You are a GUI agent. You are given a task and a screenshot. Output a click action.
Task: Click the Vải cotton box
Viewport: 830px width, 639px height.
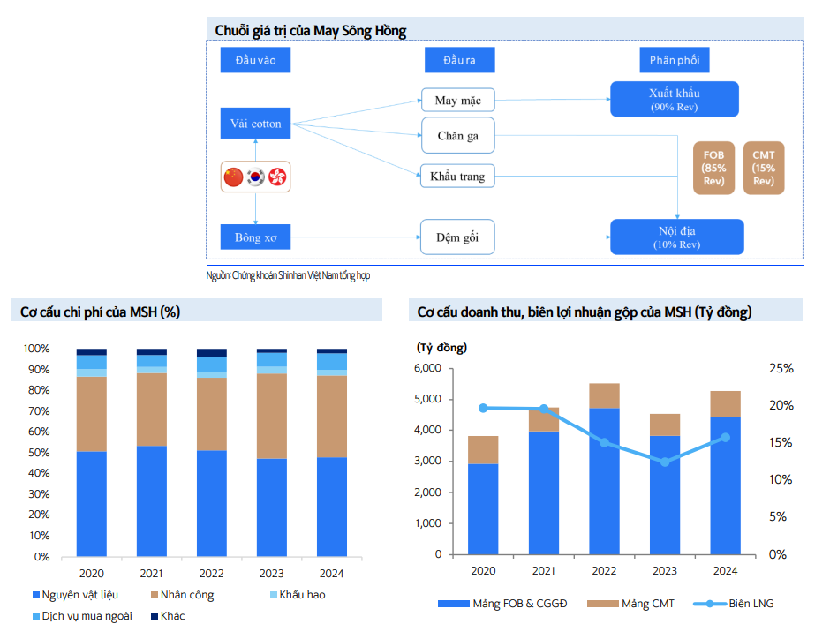(255, 124)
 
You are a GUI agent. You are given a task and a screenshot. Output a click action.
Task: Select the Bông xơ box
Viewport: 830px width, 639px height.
(255, 237)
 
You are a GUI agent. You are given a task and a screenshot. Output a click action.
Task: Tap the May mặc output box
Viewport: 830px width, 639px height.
(457, 100)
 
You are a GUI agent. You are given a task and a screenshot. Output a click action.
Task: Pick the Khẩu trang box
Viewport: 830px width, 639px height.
(457, 176)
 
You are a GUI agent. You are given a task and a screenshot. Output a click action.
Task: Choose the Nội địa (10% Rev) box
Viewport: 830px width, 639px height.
(676, 237)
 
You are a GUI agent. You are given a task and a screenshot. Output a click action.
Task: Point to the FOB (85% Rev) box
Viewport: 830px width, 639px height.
(713, 168)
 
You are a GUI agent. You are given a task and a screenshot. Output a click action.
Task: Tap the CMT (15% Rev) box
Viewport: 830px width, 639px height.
(763, 168)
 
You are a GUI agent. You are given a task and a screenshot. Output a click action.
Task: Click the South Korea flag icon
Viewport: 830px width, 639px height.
(255, 177)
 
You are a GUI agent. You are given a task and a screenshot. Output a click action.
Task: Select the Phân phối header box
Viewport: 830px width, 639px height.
(675, 60)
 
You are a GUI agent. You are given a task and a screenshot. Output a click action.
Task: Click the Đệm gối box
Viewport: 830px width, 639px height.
(457, 237)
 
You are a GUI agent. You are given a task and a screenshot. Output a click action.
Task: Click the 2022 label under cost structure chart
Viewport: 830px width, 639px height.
(212, 574)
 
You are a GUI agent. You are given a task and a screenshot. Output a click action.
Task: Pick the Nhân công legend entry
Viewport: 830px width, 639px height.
(181, 595)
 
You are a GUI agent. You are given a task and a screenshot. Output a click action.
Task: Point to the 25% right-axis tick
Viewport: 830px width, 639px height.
(783, 369)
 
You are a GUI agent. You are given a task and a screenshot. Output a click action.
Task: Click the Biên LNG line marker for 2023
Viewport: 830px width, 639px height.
(665, 462)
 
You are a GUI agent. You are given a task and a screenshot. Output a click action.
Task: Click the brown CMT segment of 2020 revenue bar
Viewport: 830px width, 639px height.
(483, 449)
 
